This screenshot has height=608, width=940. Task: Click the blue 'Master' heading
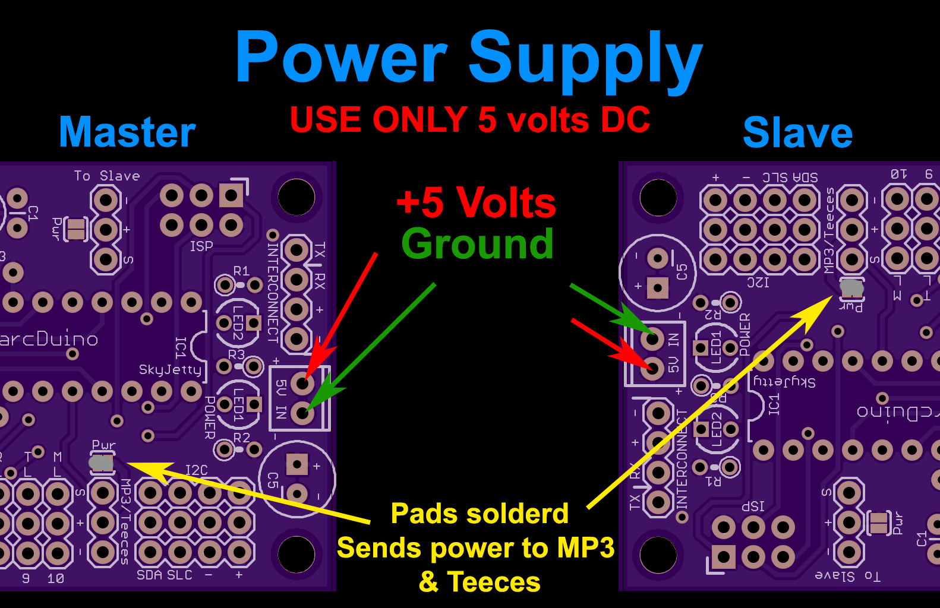(x=127, y=132)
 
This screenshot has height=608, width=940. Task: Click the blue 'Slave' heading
(x=797, y=132)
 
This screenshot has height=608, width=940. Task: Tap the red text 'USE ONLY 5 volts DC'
(x=470, y=120)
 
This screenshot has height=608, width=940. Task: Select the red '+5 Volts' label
(x=476, y=202)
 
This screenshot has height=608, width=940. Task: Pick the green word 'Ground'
(x=477, y=243)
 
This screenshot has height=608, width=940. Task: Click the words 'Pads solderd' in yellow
(x=480, y=514)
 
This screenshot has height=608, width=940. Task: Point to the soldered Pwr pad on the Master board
(x=102, y=463)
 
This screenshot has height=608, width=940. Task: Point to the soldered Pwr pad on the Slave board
(x=851, y=288)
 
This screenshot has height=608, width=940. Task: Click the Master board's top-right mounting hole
(x=296, y=197)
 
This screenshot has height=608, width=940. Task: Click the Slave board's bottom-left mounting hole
(x=658, y=555)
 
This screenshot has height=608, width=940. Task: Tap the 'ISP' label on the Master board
(x=201, y=246)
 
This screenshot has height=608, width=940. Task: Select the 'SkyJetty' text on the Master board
(x=170, y=370)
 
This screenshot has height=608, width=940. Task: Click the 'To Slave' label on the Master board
(x=107, y=176)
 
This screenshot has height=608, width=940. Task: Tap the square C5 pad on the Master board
(x=296, y=464)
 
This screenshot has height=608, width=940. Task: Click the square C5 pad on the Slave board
(x=658, y=288)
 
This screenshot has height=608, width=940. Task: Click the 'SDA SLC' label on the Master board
(x=165, y=575)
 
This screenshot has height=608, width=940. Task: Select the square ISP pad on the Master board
(x=231, y=195)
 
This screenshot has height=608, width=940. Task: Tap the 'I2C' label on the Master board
(x=196, y=470)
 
